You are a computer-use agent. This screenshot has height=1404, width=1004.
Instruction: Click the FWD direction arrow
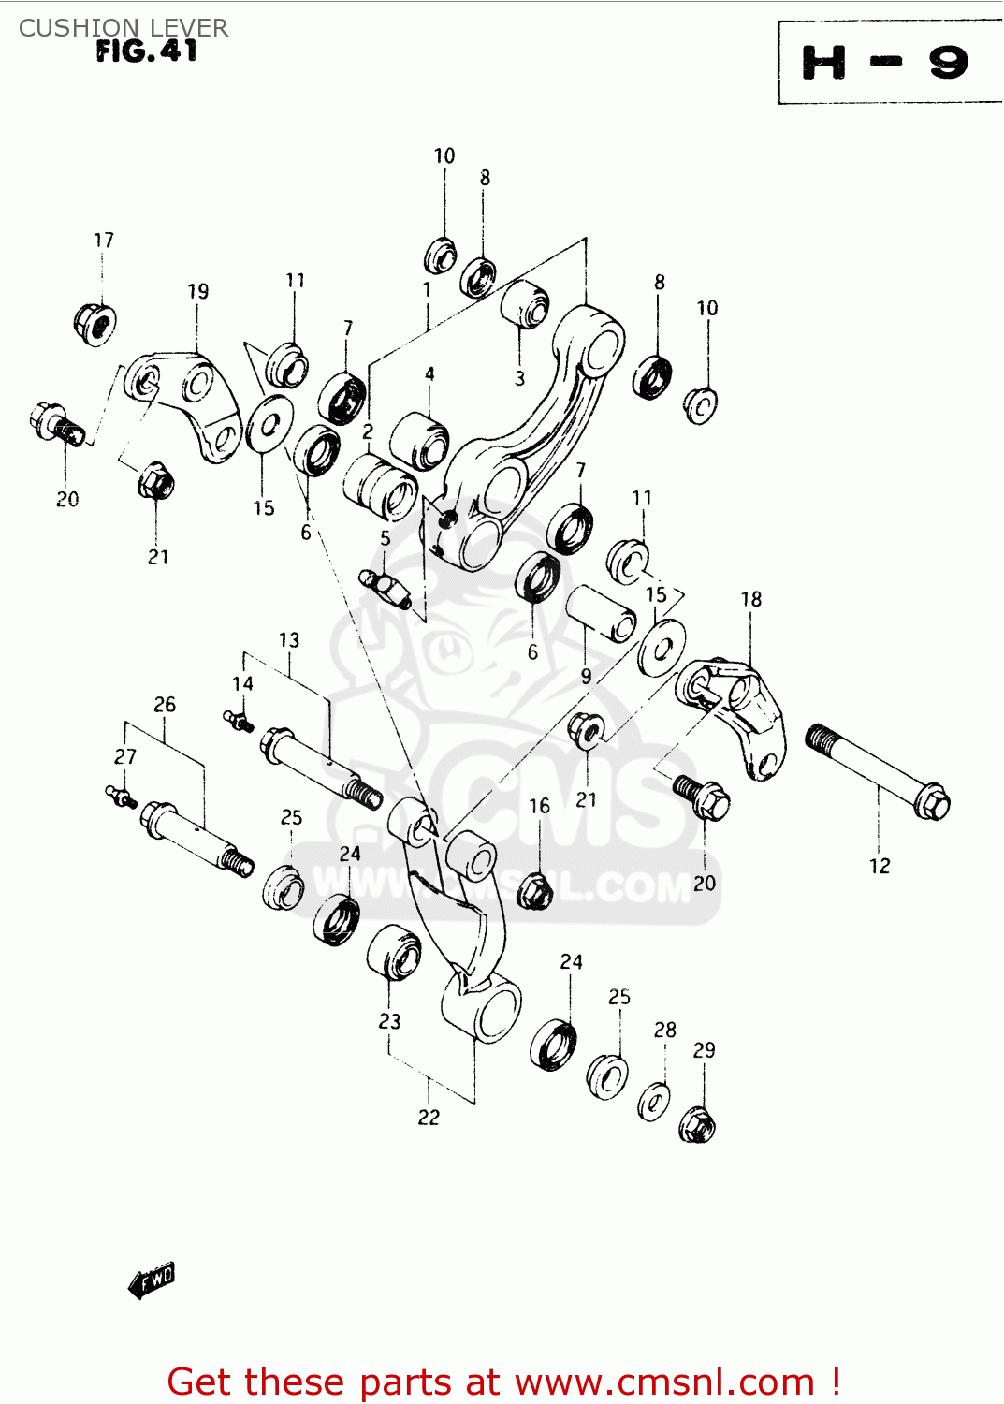(x=152, y=1280)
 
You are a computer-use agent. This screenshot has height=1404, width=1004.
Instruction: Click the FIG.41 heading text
(x=147, y=51)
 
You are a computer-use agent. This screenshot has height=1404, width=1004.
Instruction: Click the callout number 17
(x=103, y=241)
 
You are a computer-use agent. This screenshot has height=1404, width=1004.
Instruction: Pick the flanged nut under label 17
(x=95, y=322)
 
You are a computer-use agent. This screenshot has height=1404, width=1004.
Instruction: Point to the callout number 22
(x=429, y=1117)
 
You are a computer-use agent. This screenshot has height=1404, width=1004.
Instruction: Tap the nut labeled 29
(x=697, y=1124)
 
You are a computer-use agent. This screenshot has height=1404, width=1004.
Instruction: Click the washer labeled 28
(x=655, y=1101)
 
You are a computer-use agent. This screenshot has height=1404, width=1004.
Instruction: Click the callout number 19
(x=197, y=291)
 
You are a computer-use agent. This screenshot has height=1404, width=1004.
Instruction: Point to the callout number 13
(x=289, y=640)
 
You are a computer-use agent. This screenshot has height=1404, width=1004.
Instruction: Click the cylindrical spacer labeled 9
(x=602, y=613)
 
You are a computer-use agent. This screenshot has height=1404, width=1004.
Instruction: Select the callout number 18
(x=751, y=599)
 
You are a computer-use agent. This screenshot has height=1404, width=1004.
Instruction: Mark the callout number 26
(x=165, y=705)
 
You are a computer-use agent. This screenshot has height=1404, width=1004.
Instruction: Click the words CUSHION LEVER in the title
(x=124, y=28)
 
